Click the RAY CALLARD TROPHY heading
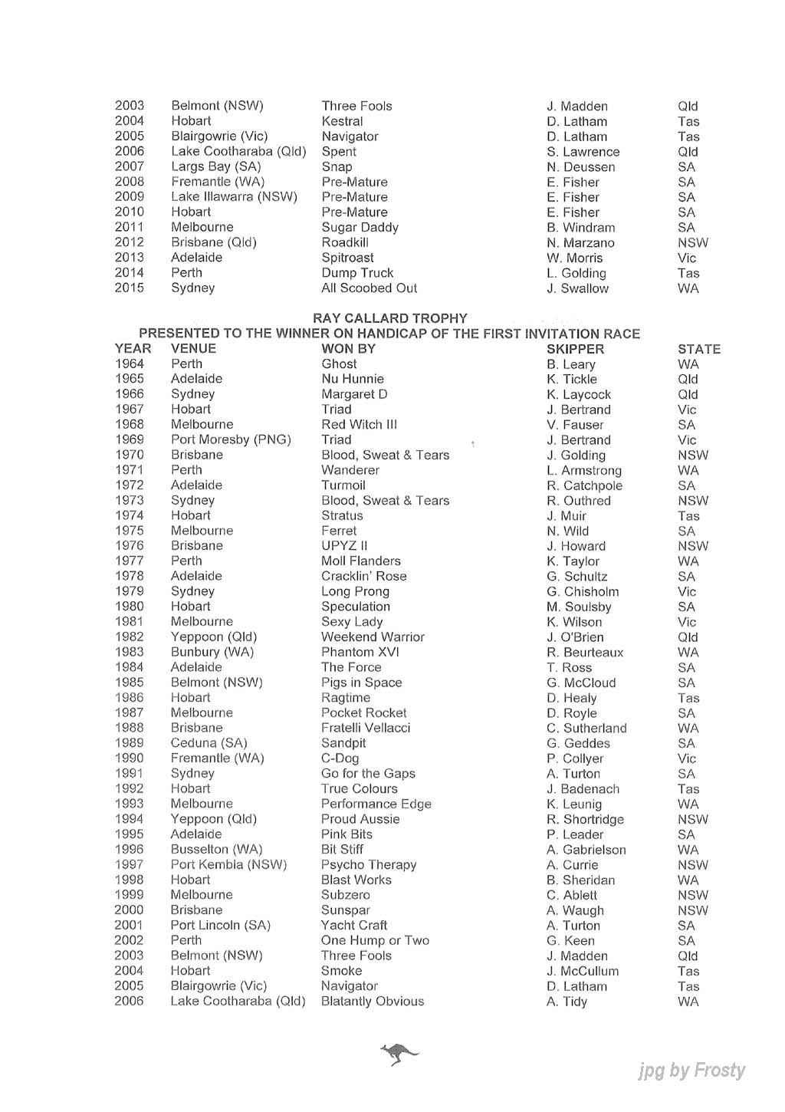coord(389,318)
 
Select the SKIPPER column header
coord(575,349)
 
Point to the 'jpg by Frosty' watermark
coord(691,1071)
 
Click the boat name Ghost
coord(339,364)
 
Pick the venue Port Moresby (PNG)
coord(231,440)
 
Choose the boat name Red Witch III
coord(359,425)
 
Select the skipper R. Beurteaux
coord(585,653)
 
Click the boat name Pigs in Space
coord(361,683)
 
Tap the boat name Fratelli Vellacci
coord(366,728)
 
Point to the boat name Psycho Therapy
coord(369,865)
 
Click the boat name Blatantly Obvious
coord(372,1002)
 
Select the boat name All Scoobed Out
coord(369,288)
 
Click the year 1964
coord(130,364)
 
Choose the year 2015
coord(130,288)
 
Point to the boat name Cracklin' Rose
coord(363,577)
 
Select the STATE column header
coord(698,349)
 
